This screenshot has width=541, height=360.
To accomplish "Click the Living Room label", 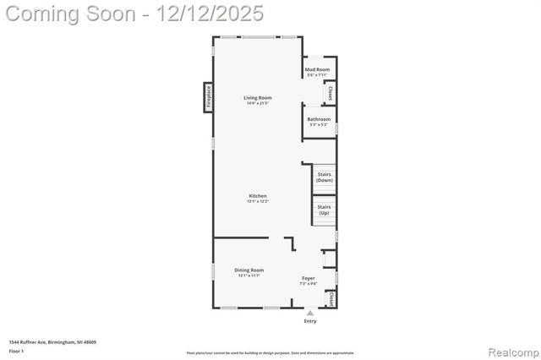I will tap(258, 98).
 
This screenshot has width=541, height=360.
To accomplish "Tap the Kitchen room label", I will tap(257, 196).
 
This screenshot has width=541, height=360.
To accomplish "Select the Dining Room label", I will tap(249, 270).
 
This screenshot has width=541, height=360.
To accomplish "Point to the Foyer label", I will tap(309, 278).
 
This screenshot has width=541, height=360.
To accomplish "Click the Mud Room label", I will tap(318, 70).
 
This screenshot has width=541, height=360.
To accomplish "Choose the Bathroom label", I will tap(319, 119).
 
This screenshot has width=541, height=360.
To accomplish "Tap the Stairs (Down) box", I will tap(324, 177).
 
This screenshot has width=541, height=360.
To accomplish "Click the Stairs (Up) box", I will tap(324, 210).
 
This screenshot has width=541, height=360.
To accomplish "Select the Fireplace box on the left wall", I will tap(207, 95).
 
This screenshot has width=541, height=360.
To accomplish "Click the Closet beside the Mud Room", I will tap(330, 93).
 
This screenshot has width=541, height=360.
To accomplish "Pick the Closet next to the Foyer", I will tap(331, 299).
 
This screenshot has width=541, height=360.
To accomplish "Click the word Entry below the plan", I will tap(309, 321).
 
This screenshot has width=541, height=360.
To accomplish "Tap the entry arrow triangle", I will tap(309, 313).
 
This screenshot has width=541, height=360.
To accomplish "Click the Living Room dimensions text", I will tap(258, 103).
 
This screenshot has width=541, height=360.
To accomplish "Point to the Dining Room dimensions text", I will tap(249, 275).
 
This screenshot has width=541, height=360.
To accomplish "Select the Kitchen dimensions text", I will tap(257, 201).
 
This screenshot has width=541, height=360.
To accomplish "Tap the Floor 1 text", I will tap(16, 350).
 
